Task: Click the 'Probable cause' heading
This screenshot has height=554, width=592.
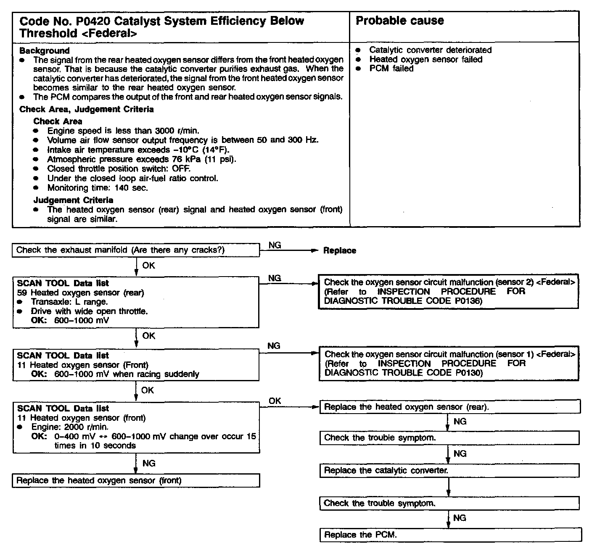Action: click(399, 21)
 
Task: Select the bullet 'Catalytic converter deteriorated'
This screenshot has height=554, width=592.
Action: click(430, 50)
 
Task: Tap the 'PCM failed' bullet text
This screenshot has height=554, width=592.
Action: click(391, 69)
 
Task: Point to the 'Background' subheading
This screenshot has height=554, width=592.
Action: click(45, 51)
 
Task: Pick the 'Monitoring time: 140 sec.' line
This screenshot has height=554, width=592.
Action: click(98, 188)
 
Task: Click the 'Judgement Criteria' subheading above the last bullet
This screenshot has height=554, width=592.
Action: click(73, 200)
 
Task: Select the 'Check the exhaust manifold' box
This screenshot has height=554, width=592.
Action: click(136, 250)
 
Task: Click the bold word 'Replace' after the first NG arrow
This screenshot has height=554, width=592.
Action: click(339, 251)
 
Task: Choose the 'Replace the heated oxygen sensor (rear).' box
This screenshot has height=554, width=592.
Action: click(449, 407)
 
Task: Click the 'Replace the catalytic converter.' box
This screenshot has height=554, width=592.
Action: click(449, 470)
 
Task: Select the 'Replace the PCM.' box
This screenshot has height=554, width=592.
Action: click(450, 535)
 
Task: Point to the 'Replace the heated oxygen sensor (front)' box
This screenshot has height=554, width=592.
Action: click(136, 480)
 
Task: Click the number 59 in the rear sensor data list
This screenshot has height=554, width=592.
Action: click(22, 293)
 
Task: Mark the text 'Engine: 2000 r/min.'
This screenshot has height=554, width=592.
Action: click(70, 427)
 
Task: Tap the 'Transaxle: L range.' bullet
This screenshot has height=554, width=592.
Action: click(69, 302)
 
